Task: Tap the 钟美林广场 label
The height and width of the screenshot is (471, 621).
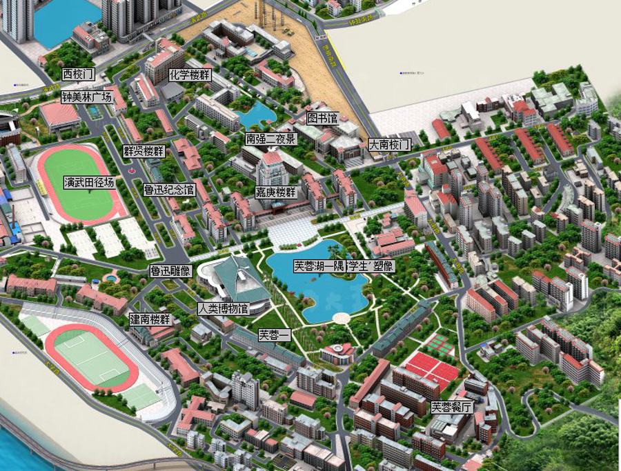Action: [x=86, y=97]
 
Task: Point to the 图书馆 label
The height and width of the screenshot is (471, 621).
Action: [x=322, y=119]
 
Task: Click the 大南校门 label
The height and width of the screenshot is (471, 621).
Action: [x=389, y=146]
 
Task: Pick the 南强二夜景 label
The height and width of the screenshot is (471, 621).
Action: [x=271, y=139]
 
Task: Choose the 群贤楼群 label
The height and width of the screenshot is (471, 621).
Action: [x=144, y=151]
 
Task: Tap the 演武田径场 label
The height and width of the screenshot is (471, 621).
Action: [x=88, y=183]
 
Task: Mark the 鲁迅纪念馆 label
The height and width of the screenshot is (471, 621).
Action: [x=169, y=189]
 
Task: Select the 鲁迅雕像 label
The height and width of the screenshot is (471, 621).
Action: [x=170, y=271]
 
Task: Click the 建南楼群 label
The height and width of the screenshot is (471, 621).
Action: [x=150, y=320]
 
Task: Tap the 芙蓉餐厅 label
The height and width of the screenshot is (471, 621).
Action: [x=452, y=407]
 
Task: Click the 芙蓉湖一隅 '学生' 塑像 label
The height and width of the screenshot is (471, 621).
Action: [x=344, y=266]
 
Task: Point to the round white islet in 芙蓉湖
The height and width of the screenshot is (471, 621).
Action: [x=341, y=317]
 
